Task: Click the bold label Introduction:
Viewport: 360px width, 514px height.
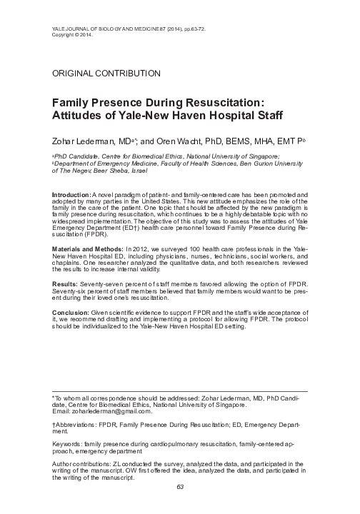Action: click(71, 194)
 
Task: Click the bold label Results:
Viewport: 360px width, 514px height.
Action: click(67, 283)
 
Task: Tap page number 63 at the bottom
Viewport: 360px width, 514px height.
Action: click(180, 506)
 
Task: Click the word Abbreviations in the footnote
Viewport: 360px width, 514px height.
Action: click(79, 424)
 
